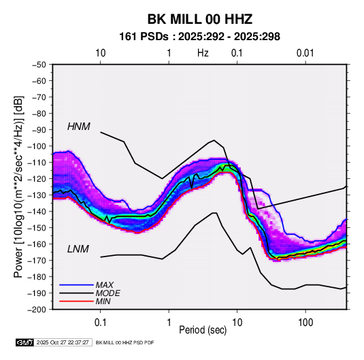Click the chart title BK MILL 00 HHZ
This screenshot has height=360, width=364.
point(199,19)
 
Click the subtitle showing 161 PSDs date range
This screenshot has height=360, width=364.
point(199,37)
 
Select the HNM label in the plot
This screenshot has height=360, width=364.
point(79,127)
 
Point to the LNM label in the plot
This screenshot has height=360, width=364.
point(78,249)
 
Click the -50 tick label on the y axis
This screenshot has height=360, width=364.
point(39,65)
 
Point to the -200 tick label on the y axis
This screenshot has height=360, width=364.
point(37,310)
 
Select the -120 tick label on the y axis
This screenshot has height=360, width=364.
point(37,178)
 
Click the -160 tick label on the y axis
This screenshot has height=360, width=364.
point(37,244)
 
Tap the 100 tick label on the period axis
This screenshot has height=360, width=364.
point(305,322)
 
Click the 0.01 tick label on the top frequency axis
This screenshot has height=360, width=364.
point(305,53)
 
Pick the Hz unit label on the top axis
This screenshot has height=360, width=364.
point(203,53)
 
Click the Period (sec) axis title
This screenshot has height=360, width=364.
point(203,330)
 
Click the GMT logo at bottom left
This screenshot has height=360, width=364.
point(25,342)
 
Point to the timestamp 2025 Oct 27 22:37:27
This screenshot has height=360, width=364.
point(63,342)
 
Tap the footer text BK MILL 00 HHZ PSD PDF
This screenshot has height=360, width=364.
point(125,342)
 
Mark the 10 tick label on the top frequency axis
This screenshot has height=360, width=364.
point(101,53)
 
